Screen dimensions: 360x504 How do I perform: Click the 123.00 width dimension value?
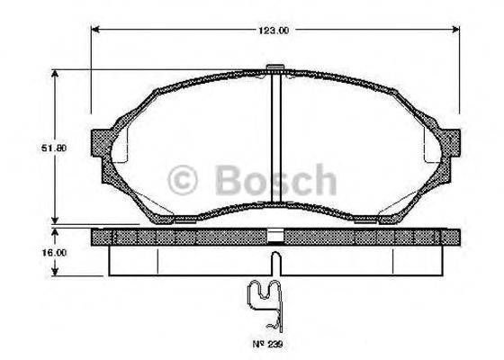tap(273, 30)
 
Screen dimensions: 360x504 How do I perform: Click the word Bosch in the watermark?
tap(276, 181)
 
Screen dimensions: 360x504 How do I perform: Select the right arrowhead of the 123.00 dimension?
tap(459, 30)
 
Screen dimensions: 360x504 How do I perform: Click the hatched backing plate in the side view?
tap(180, 238)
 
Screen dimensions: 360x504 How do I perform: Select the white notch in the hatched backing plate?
tap(277, 238)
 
